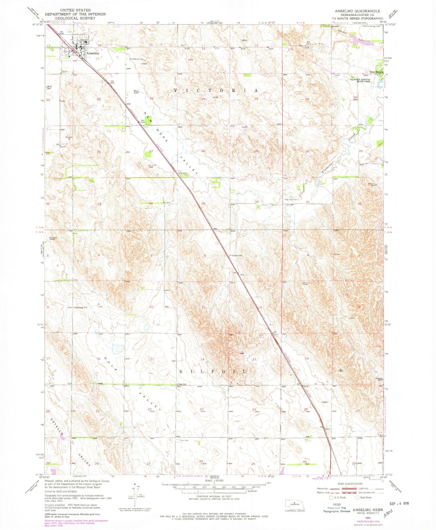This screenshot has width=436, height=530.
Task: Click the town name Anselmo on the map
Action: (93, 53)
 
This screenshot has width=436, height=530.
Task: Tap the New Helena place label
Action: (376, 72)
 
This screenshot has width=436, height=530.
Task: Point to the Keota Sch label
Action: (237, 256)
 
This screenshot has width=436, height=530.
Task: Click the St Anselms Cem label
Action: (137, 59)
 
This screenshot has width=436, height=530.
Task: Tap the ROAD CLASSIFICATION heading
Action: (350, 484)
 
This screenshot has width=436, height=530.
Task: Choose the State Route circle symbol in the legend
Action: (357, 498)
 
